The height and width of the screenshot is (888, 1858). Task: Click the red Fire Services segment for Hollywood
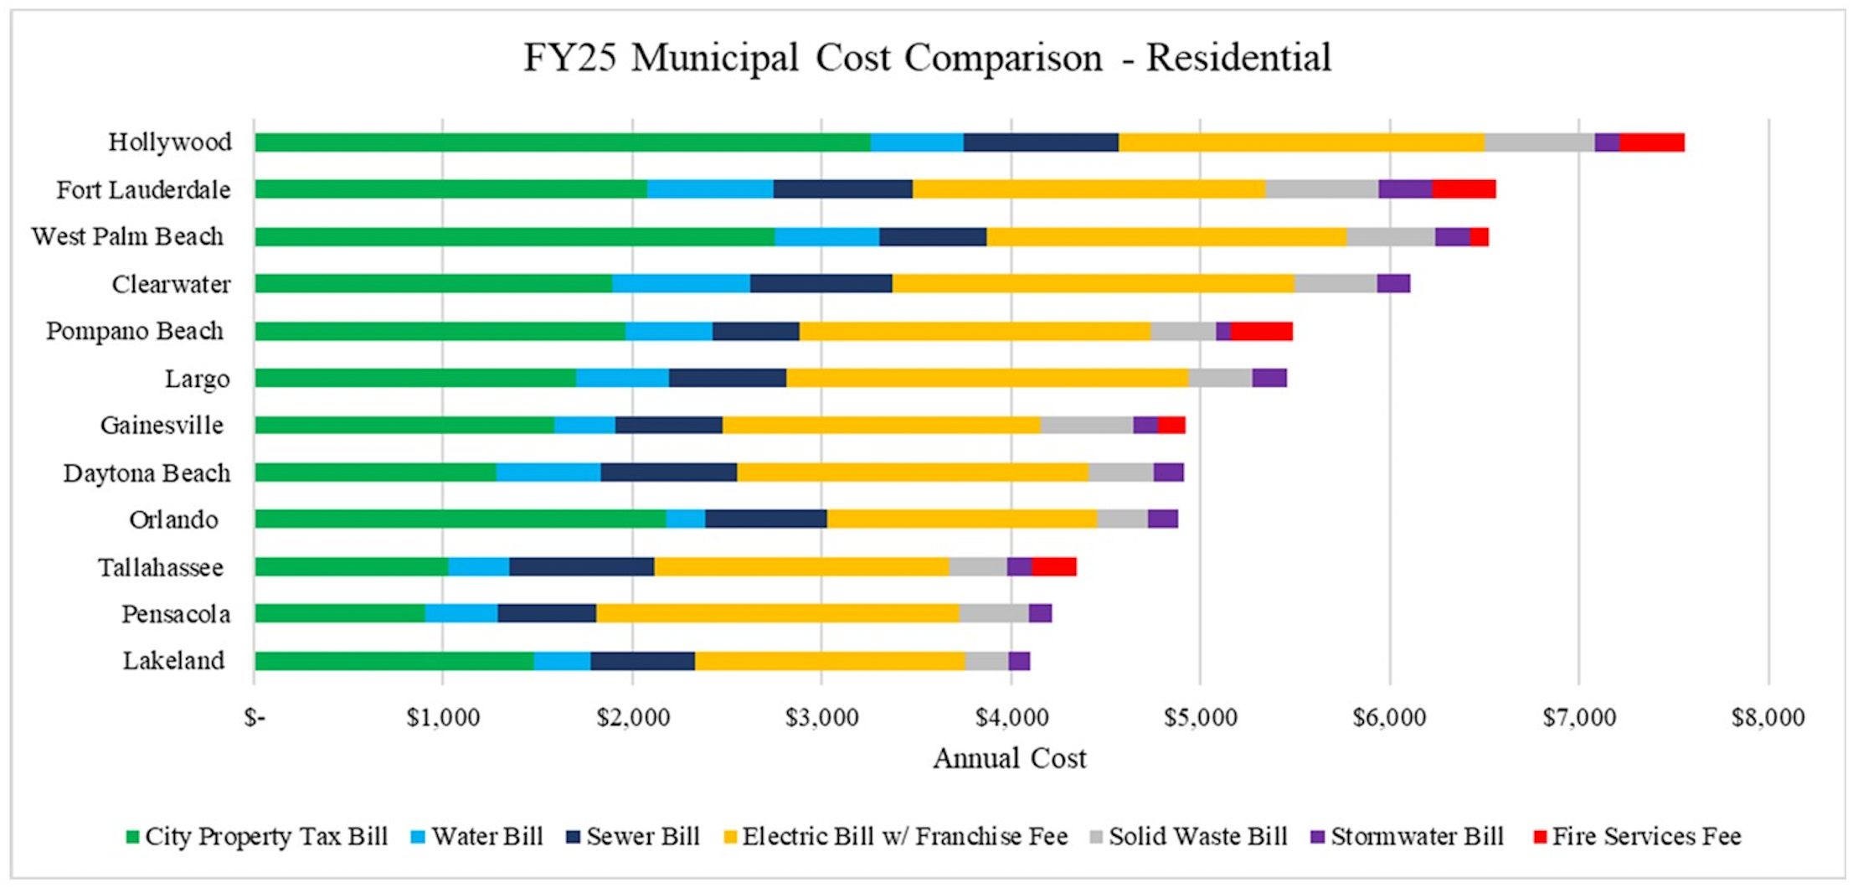point(1651,142)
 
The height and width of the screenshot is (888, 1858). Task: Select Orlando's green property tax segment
point(460,519)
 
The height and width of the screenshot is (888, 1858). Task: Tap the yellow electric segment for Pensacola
point(777,613)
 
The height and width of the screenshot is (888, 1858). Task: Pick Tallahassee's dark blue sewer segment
point(581,566)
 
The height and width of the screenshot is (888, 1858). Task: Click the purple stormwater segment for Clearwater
point(1393,283)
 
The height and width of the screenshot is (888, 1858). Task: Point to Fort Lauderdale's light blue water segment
point(710,189)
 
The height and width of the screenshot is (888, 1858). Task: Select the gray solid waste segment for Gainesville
point(1086,425)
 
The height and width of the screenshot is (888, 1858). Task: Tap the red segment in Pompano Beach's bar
point(1261,331)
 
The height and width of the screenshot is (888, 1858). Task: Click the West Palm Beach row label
point(127,237)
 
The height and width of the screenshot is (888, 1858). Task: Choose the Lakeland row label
point(173,661)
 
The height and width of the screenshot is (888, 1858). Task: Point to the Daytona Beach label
point(147,473)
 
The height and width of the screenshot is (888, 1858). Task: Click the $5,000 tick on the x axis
point(1200,718)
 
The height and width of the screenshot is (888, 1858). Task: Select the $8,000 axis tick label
point(1768,718)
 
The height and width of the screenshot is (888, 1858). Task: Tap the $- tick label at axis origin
point(255,718)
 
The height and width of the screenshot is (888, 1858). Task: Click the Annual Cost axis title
point(1009,758)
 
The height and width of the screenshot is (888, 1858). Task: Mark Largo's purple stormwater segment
point(1269,378)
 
